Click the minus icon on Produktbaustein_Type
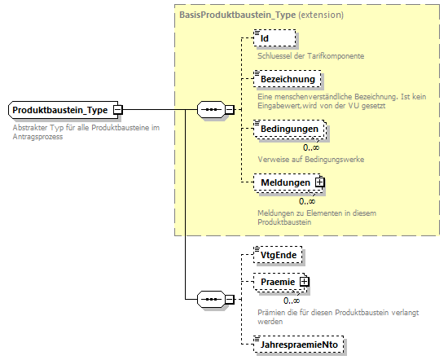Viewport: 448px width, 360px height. tap(117, 109)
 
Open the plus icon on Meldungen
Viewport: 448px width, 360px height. tap(319, 183)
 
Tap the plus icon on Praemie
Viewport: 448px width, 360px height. tap(305, 282)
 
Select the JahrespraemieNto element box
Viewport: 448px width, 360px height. tap(299, 345)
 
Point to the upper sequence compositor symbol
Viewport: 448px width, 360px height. tap(212, 109)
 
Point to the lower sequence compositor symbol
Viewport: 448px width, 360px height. tap(212, 300)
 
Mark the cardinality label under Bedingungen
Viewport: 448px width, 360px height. tap(310, 147)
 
